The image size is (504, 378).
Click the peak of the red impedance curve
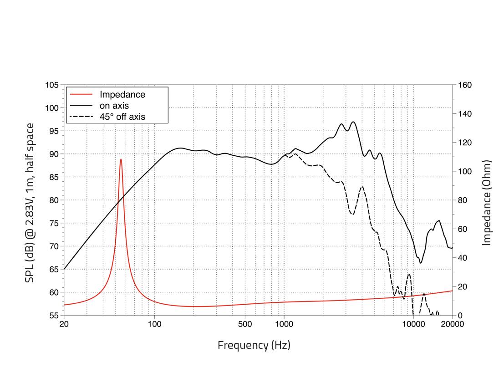(121, 159)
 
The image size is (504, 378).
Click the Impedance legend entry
(122, 95)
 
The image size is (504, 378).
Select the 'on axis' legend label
(114, 106)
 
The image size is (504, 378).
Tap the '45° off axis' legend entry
(122, 117)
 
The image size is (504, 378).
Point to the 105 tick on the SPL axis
(52, 85)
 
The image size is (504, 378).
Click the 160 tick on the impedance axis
(465, 85)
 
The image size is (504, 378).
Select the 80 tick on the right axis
(463, 200)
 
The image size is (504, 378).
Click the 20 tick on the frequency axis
(64, 324)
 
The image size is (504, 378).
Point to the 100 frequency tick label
(154, 324)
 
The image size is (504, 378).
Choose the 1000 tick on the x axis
(284, 324)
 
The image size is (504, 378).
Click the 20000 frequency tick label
(452, 324)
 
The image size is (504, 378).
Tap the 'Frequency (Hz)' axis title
(254, 345)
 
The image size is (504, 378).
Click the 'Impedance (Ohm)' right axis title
(487, 203)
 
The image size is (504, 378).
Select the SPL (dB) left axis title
(30, 203)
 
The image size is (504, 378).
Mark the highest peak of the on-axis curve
(353, 122)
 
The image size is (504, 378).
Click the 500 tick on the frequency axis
(245, 324)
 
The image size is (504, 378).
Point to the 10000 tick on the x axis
(413, 324)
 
